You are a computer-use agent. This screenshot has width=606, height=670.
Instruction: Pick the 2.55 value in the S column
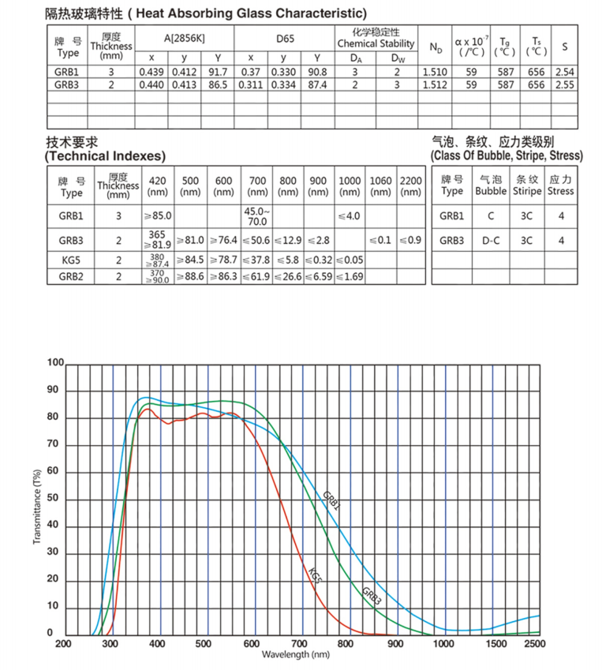[x=564, y=84]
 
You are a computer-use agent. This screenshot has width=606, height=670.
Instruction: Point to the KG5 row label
[x=70, y=260]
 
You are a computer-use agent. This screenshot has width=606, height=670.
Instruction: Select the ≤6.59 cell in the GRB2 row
[x=318, y=276]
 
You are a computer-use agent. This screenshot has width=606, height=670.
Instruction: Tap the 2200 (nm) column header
[x=410, y=186]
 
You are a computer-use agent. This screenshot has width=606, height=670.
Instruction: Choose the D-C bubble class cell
[x=492, y=240]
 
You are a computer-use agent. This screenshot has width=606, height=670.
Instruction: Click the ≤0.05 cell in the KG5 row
[x=349, y=260]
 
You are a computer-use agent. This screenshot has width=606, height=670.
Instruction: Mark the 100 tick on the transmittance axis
[x=54, y=363]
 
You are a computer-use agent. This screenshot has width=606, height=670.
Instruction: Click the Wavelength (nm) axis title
[x=296, y=655]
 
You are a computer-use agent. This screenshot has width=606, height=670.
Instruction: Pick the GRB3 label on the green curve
[x=371, y=595]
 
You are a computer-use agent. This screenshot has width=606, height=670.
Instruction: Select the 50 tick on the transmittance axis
[x=54, y=499]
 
